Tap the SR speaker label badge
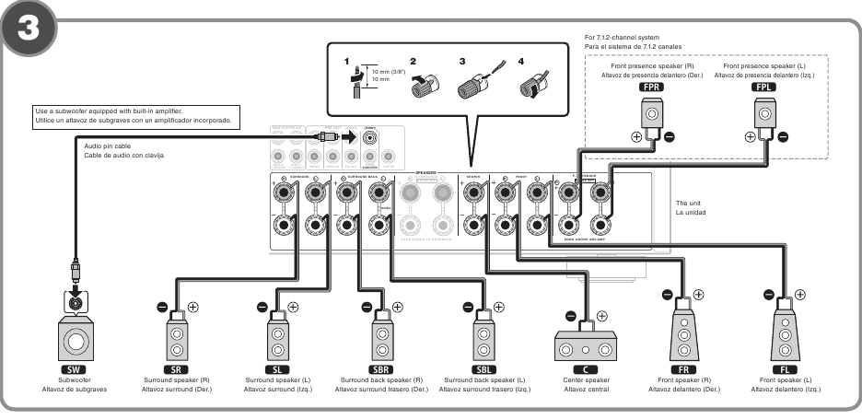click(x=178, y=366)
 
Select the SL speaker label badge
click(x=278, y=366)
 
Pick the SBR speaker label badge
click(x=381, y=366)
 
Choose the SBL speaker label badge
click(x=484, y=366)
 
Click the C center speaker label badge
click(x=586, y=366)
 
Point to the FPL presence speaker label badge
click(x=763, y=87)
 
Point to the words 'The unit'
click(x=689, y=203)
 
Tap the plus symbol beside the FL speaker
click(x=799, y=295)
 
